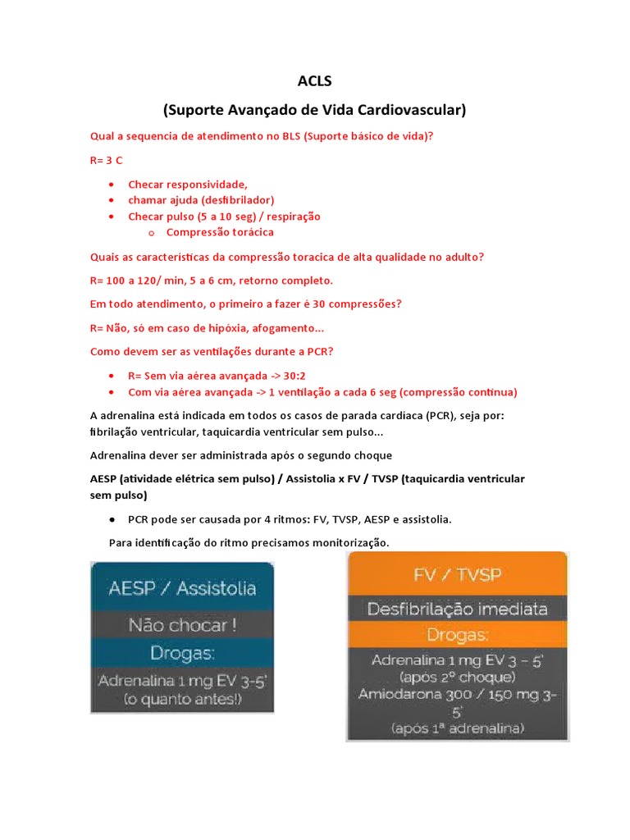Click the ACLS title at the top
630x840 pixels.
click(314, 80)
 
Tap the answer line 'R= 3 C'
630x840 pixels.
click(107, 160)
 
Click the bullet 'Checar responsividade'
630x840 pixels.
click(187, 184)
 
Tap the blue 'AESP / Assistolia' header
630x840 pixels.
click(182, 587)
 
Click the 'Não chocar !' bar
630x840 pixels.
click(182, 625)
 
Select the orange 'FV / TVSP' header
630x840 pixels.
click(458, 573)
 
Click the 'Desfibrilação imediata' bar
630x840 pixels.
click(458, 609)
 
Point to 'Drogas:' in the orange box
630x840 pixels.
click(458, 635)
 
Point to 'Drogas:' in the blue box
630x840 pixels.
click(182, 653)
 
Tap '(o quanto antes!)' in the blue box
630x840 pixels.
click(182, 700)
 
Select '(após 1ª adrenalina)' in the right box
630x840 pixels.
click(458, 728)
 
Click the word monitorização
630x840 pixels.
click(345, 542)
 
